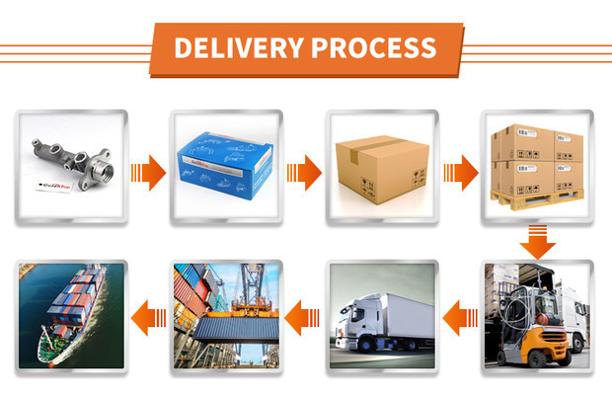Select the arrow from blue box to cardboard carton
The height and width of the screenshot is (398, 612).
click(303, 175)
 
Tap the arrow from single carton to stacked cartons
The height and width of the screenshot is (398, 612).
click(458, 175)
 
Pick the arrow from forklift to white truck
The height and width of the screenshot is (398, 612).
click(458, 318)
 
